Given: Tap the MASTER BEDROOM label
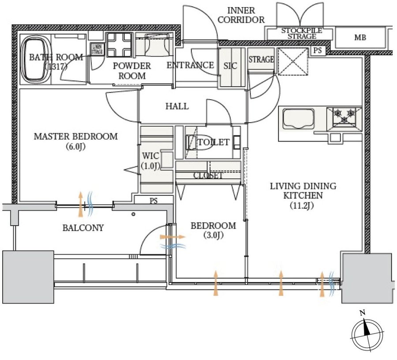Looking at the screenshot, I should point(76,136).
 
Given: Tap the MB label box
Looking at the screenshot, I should point(360,37).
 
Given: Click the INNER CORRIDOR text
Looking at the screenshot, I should point(246,15).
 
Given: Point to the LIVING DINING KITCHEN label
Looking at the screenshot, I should point(303,190).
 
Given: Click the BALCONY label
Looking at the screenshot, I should point(83,228).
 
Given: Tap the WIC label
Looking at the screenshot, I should point(150,156).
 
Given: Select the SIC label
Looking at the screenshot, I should point(230,66).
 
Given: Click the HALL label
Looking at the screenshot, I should point(177,106).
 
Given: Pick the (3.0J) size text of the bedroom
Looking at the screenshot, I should point(213,235).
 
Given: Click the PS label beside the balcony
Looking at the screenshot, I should point(153,201).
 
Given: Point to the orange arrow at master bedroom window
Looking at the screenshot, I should point(80,204).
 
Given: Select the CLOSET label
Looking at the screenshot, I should point(208,176).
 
